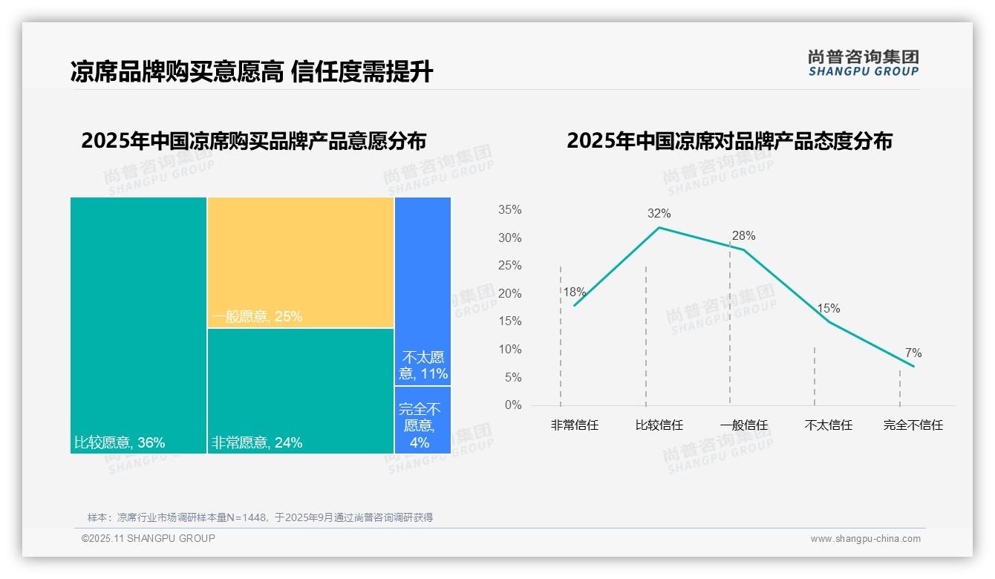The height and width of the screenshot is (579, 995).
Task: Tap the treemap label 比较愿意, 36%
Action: click(x=120, y=443)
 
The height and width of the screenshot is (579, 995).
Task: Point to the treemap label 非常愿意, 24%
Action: click(x=257, y=443)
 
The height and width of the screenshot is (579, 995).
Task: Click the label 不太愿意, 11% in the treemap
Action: click(x=423, y=365)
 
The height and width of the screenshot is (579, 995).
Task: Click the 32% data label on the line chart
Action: click(x=659, y=214)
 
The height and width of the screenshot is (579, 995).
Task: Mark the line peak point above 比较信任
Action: click(x=659, y=227)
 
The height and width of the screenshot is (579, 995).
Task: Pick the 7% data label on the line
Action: click(x=913, y=353)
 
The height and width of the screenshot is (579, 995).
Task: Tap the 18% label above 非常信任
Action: click(x=574, y=292)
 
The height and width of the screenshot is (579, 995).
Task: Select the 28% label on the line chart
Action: click(x=743, y=236)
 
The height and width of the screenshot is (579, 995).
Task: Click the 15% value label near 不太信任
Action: click(x=829, y=308)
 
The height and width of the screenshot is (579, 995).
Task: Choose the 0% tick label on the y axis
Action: click(x=513, y=405)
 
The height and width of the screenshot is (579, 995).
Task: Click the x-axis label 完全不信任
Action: click(x=913, y=425)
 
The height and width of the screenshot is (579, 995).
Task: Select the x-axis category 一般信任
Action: click(x=744, y=425)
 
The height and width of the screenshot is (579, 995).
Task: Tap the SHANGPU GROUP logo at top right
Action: click(x=864, y=62)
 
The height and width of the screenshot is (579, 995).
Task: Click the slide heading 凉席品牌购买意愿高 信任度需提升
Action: click(x=252, y=72)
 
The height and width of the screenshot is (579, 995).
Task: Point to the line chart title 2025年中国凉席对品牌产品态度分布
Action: click(x=729, y=141)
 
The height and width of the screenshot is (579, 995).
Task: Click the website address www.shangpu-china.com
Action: click(x=865, y=539)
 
